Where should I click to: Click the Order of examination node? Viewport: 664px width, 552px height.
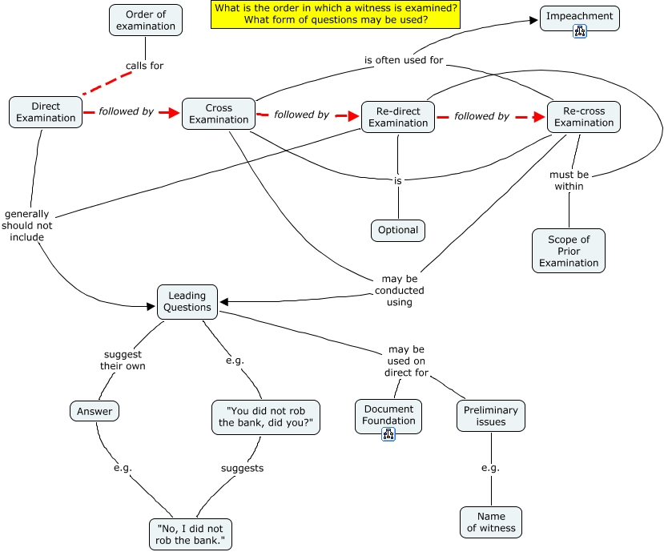point(146,20)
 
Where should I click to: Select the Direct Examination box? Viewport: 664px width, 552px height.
point(46,112)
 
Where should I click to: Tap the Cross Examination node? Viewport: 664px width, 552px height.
point(219,114)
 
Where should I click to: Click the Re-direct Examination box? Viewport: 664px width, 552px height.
point(398,117)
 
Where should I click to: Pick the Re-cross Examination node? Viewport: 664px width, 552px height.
point(583,116)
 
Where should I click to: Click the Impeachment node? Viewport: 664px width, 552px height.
point(579,16)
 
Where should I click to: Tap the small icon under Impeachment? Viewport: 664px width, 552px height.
point(580,31)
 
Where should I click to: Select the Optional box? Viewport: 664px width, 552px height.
point(398,230)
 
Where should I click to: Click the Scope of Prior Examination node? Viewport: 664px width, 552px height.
point(569,251)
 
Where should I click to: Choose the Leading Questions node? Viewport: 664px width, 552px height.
point(187,301)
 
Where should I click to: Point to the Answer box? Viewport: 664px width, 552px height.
point(95,412)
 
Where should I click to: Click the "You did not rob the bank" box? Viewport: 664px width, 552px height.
point(266,417)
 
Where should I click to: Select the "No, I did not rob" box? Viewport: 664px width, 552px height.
point(191,534)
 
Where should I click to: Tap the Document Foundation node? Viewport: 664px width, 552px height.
point(388,415)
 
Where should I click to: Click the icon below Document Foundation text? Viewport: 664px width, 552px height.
point(388,434)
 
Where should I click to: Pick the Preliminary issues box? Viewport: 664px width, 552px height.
point(491,415)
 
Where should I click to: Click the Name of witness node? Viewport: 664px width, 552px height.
point(491,522)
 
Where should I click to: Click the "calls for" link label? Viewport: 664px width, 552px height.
point(144,66)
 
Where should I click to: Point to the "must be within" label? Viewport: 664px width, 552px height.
point(569,180)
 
